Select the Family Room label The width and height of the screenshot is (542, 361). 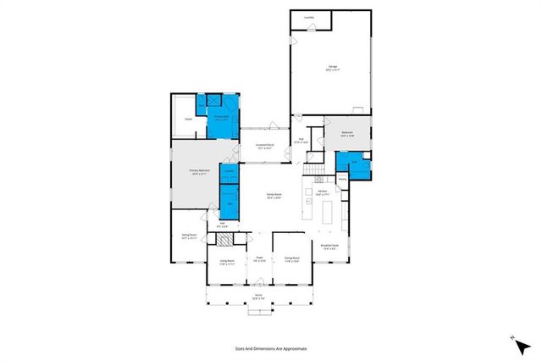[274, 195]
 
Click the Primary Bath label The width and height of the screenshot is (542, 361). [220, 119]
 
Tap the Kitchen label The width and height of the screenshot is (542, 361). [323, 193]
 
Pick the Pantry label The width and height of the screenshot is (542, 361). [343, 179]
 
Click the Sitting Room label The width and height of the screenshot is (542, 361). [189, 236]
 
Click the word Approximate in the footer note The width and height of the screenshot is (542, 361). [293, 348]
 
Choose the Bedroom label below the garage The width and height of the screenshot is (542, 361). [347, 133]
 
